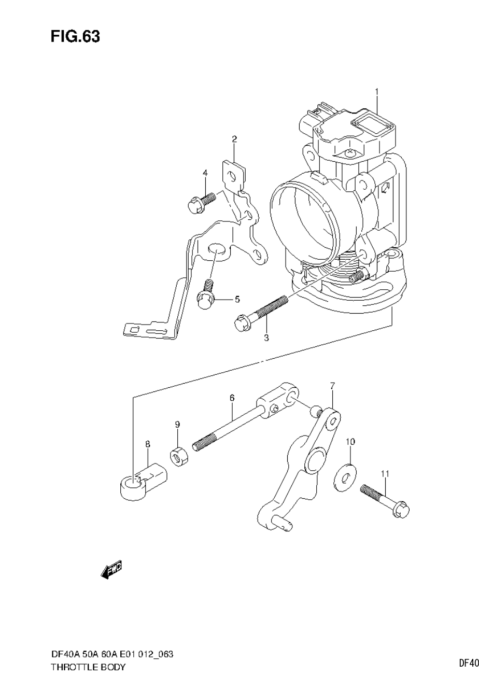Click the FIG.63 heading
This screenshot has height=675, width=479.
click(x=75, y=37)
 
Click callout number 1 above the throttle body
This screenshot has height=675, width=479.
click(x=377, y=92)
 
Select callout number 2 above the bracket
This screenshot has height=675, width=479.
click(x=234, y=139)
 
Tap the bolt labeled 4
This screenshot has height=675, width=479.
click(x=200, y=202)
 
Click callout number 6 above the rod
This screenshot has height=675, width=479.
click(x=232, y=398)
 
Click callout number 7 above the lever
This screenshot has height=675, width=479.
click(x=332, y=385)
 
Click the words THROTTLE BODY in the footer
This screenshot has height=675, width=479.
click(x=88, y=667)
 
